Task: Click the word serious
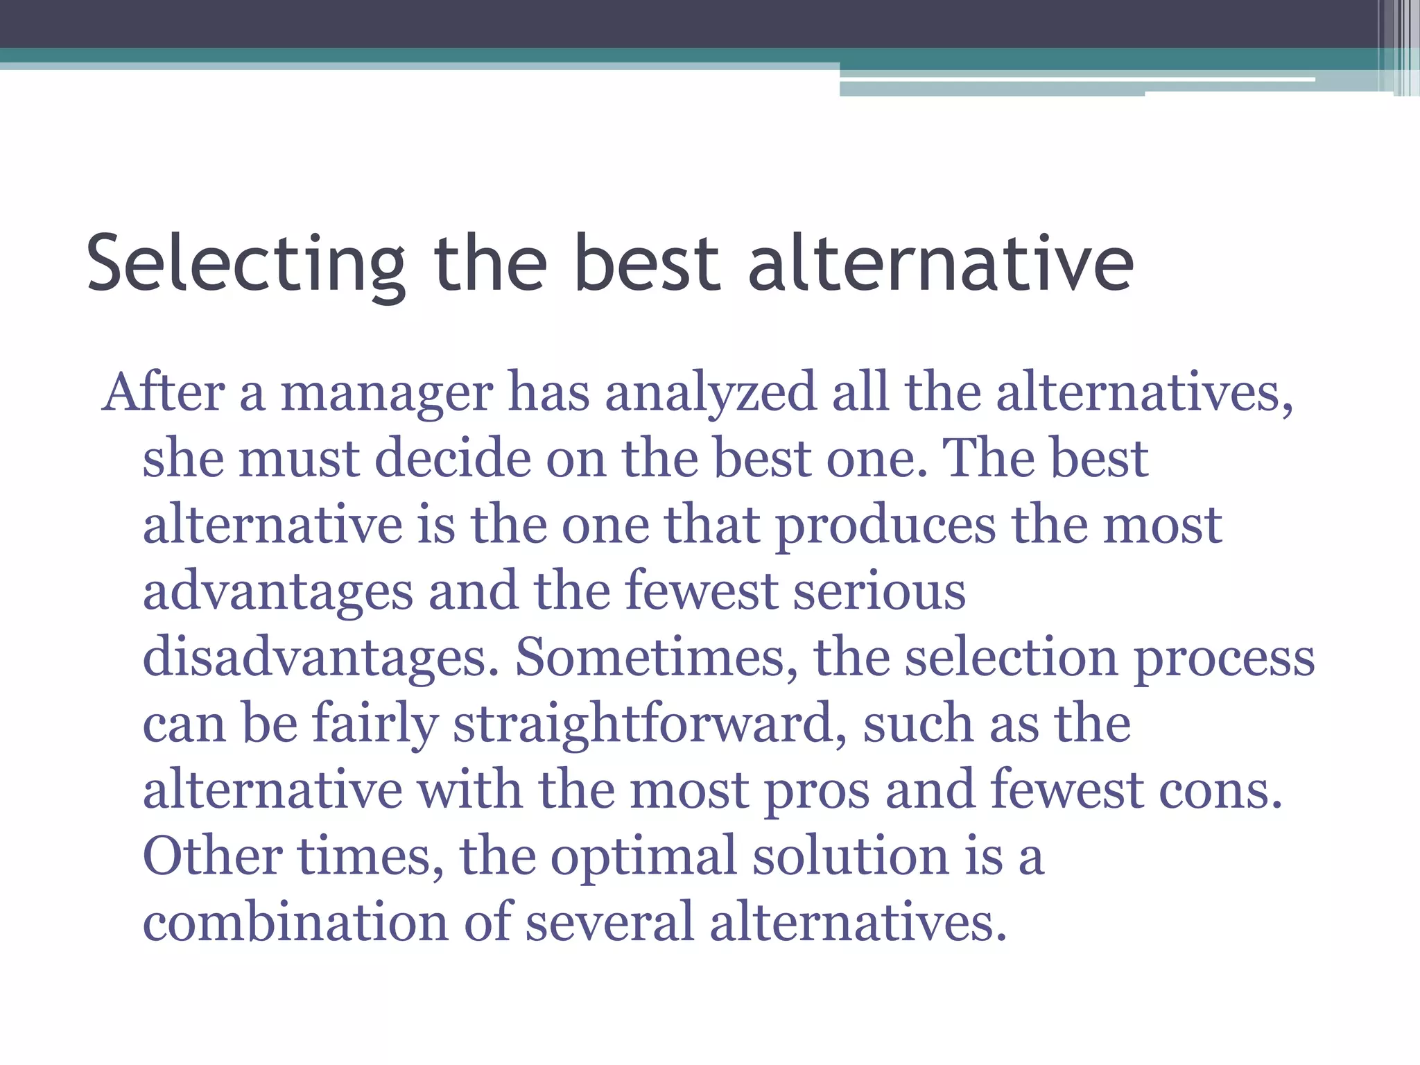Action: pyautogui.click(x=879, y=591)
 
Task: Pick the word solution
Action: pyautogui.click(x=851, y=856)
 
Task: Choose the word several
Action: pyautogui.click(x=609, y=922)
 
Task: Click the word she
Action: pyautogui.click(x=183, y=458)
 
